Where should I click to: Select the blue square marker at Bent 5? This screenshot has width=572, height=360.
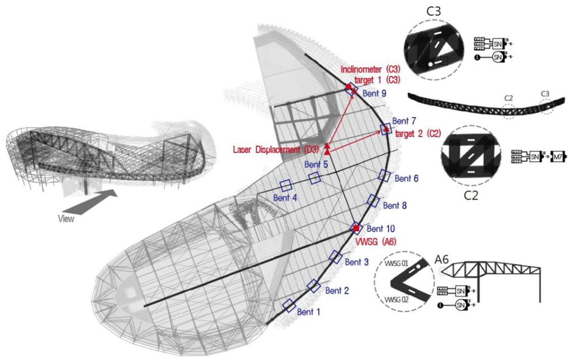pos(315,177)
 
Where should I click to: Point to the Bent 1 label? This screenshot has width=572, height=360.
pos(309,312)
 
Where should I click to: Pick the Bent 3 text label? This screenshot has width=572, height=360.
pos(356,262)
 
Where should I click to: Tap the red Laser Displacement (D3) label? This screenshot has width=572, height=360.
pos(275,150)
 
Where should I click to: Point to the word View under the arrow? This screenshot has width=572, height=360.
pos(66,219)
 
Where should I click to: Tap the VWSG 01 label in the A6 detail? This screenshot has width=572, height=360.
pos(397,262)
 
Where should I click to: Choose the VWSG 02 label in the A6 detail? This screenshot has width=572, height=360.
pos(398,300)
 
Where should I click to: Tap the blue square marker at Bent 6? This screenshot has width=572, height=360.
pos(384,175)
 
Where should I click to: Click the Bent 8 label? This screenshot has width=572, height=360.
pos(395,205)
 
